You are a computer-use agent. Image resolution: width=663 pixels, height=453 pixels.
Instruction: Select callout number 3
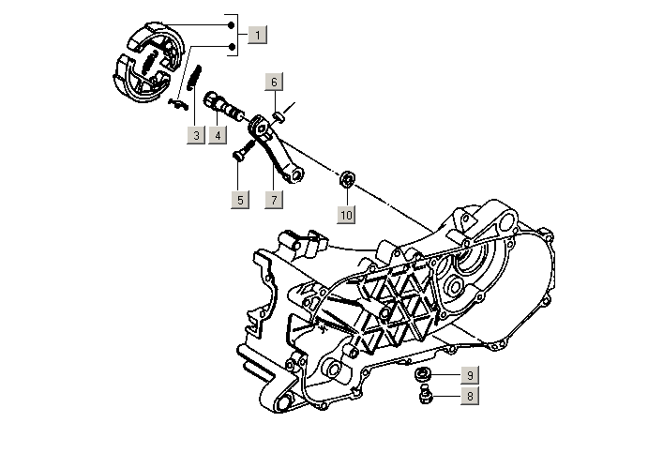point(195,135)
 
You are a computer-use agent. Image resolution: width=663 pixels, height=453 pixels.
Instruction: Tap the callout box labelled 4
point(217,135)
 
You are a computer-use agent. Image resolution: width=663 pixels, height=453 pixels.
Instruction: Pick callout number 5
point(239,199)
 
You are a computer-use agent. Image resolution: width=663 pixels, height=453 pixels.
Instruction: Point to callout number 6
point(275,82)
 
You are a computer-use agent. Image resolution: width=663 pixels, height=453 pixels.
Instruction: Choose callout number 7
point(274,199)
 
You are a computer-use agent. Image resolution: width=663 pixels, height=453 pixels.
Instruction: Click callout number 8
point(468,396)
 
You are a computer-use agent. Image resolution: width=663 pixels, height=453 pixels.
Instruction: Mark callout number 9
point(468,376)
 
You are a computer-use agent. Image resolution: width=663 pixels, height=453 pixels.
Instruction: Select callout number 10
point(346,215)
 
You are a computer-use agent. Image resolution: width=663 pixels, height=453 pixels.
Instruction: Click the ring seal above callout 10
point(347,179)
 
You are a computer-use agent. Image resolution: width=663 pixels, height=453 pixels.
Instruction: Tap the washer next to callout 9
point(423,376)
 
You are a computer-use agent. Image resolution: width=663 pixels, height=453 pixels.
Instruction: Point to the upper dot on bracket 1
point(231,23)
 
